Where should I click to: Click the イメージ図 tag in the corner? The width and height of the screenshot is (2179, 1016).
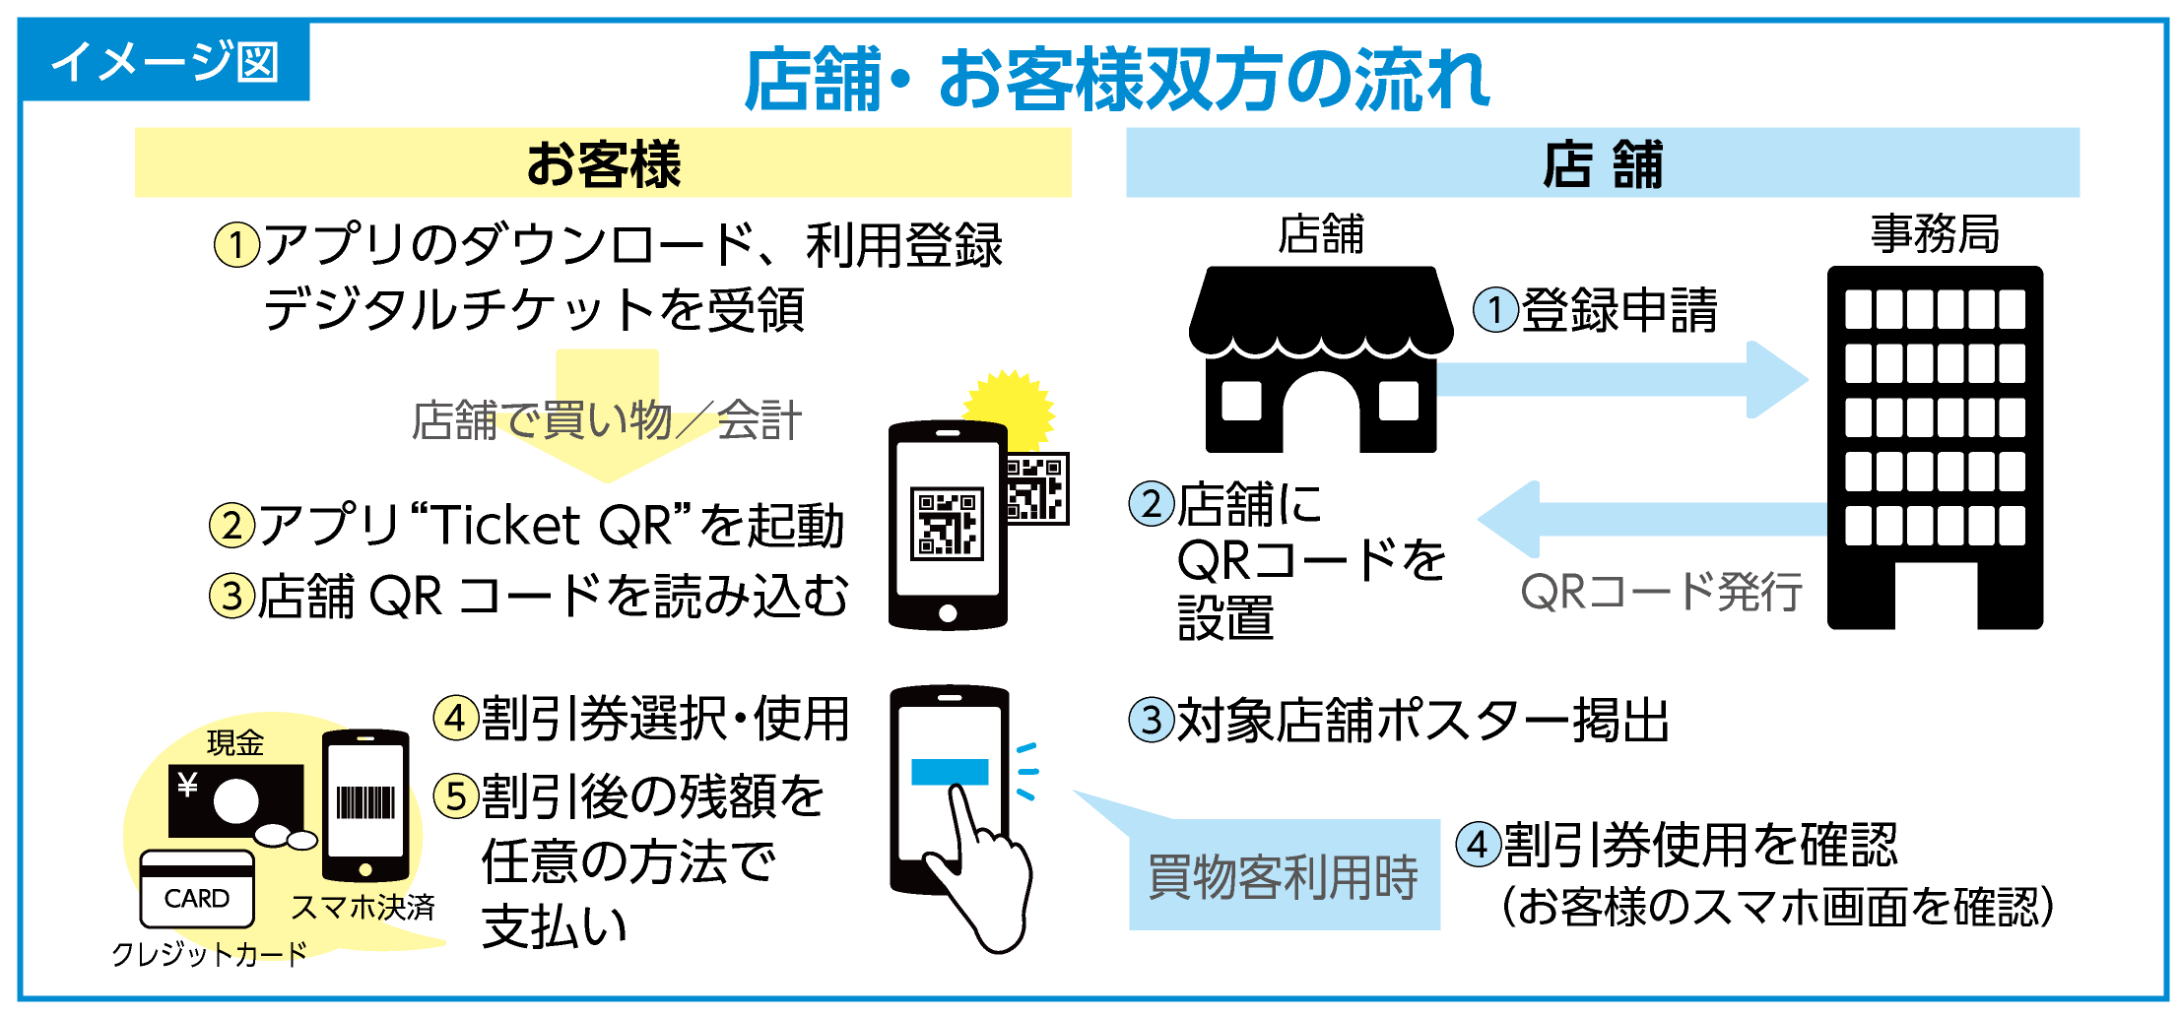pos(165,61)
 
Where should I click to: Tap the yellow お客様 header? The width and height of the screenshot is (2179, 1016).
pos(603,162)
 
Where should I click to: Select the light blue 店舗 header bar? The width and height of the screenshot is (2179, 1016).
pos(1603,162)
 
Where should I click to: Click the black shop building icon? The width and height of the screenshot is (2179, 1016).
pos(1321,359)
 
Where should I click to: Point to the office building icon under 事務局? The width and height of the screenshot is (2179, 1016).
pos(1935,447)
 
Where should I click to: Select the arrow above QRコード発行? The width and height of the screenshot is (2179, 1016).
pos(1652,519)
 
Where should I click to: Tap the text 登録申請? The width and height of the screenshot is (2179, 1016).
pos(1619,310)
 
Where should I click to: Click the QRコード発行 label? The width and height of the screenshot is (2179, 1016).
pos(1662,592)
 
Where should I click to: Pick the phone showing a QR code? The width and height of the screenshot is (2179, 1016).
pos(948,525)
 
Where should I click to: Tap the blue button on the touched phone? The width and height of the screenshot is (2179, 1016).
pos(950,772)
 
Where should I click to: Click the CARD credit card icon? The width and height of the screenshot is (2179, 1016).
pos(197,889)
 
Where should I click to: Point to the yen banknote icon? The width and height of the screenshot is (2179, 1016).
pos(235,800)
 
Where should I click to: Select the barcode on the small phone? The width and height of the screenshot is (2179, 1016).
pos(365,802)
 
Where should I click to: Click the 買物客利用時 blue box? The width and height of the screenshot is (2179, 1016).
pos(1284,875)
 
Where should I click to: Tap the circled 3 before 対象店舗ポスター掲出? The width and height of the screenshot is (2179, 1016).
pos(1152,720)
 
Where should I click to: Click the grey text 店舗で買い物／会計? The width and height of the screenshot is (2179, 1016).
pos(607,420)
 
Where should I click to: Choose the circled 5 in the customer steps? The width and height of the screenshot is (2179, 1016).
pos(457,795)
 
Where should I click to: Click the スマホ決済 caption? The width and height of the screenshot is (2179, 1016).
pos(363,907)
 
